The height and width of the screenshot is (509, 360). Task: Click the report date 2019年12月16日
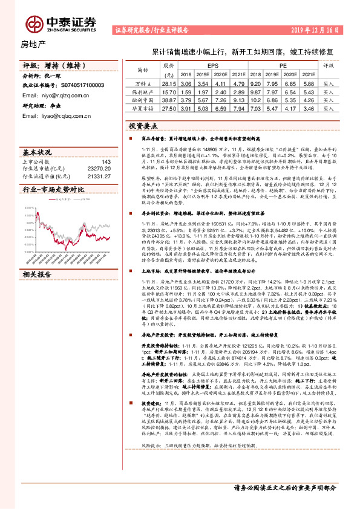(318, 29)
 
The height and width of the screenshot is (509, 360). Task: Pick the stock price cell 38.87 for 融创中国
(169, 100)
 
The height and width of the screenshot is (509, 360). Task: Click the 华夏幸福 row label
(143, 108)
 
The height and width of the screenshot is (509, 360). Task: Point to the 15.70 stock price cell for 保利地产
(169, 92)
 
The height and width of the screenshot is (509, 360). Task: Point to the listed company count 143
(106, 162)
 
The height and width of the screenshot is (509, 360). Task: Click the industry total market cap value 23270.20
(99, 169)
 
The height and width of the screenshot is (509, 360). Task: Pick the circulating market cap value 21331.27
(99, 176)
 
